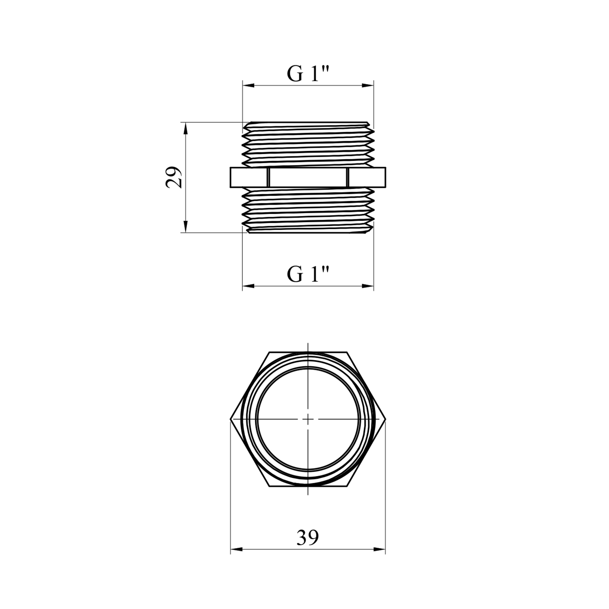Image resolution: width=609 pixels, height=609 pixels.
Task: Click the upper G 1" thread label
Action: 307,74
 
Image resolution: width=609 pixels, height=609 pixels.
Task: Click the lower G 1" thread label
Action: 307,274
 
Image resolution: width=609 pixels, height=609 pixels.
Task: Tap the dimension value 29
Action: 174,177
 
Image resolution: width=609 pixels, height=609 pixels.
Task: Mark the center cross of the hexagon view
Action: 308,419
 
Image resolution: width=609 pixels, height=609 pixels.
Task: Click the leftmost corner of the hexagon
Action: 231,419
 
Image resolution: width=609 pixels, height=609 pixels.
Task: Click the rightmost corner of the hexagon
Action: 385,419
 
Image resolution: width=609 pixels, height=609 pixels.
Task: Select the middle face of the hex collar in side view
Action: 308,177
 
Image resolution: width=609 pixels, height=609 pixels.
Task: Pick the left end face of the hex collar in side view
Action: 249,177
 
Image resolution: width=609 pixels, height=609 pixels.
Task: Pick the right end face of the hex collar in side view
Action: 367,177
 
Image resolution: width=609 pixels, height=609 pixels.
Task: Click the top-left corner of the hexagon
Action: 269,352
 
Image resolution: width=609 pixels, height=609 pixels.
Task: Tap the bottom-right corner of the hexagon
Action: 347,486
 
